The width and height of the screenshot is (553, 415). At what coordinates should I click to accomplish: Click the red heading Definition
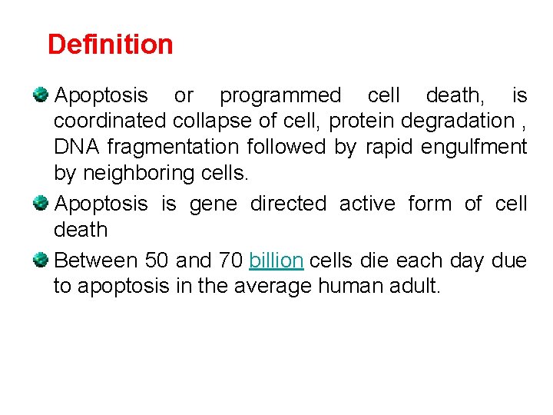click(110, 45)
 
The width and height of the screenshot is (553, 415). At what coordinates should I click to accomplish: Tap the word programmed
click(280, 96)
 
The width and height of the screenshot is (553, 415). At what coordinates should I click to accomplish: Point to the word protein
click(362, 121)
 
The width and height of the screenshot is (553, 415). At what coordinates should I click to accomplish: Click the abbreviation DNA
click(77, 147)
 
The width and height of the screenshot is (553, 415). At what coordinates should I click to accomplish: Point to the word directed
click(288, 204)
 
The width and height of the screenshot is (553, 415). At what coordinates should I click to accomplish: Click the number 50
click(157, 261)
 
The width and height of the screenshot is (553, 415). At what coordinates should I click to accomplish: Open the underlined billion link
click(276, 261)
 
